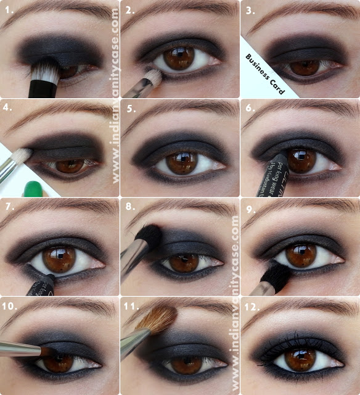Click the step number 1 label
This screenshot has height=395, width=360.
pyautogui.click(x=8, y=10)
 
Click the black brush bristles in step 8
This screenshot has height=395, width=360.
pyautogui.click(x=148, y=235)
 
